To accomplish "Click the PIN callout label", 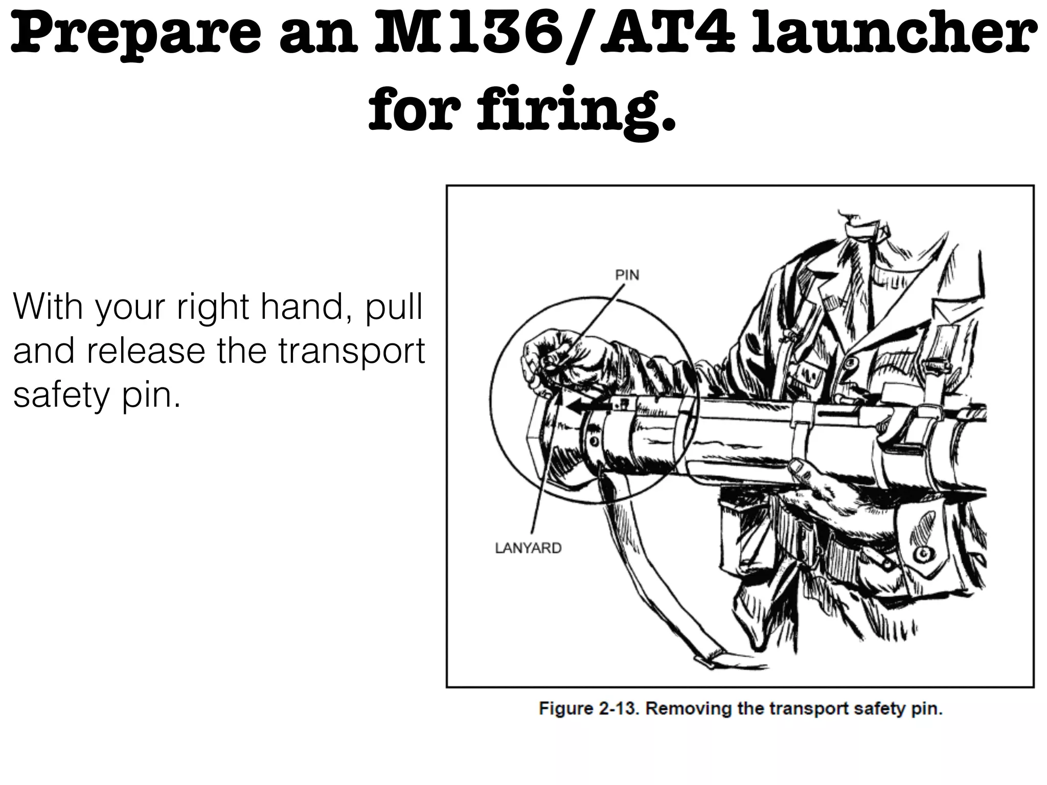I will pos(627,275).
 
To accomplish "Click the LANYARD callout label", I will pos(528,548).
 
